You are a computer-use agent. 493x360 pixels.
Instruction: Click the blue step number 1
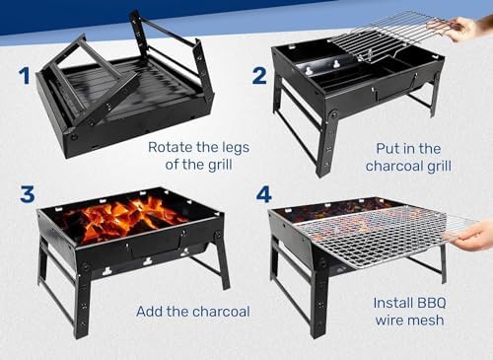25,76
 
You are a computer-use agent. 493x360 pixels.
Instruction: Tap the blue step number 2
259,76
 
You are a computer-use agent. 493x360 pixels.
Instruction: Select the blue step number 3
28,194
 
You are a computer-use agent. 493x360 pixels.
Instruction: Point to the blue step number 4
264,194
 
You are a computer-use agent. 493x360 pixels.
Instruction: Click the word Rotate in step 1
170,147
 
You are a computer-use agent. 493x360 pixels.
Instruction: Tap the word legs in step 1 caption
236,148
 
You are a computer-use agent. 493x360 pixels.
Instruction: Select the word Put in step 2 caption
387,149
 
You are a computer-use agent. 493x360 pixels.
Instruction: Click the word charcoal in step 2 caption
394,166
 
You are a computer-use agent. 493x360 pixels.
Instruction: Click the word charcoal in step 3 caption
222,312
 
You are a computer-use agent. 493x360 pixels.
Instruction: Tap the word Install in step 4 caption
389,303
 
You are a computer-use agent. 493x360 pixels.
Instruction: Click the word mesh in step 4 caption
427,320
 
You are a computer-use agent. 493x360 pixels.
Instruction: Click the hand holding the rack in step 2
466,28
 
